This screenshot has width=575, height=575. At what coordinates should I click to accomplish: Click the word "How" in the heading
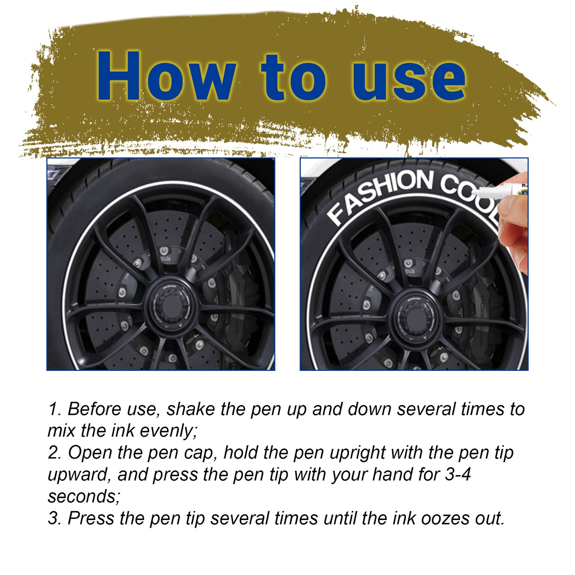click(164, 76)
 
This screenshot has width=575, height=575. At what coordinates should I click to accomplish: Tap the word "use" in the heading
click(409, 78)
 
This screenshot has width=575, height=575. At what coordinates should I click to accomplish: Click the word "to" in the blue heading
click(293, 78)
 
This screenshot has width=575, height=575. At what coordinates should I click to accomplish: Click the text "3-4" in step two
click(457, 475)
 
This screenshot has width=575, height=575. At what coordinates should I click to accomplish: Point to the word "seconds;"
click(84, 497)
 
